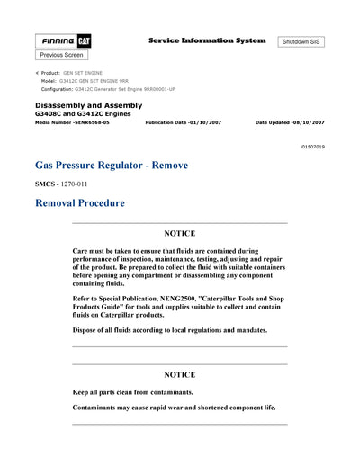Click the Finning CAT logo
point(62,41)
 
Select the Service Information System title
point(206,40)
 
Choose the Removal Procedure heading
point(79,203)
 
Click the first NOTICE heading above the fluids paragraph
point(179,233)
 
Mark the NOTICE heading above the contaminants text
point(179,373)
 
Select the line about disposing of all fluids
point(169,330)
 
